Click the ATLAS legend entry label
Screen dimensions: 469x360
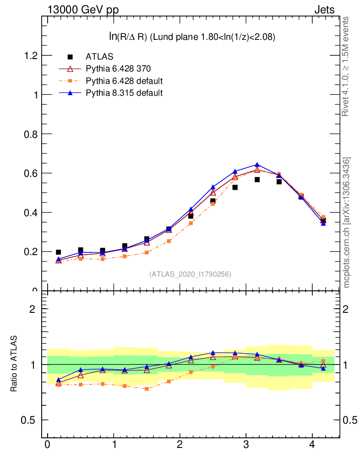(99, 57)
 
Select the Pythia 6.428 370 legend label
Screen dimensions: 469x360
(118, 69)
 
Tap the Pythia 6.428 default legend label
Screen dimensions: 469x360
(124, 81)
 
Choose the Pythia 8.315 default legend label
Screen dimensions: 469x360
(124, 93)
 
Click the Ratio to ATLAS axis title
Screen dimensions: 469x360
(14, 364)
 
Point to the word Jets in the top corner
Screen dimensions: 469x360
(324, 10)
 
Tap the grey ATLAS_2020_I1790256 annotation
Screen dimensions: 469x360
(190, 274)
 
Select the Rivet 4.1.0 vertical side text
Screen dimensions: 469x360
(346, 66)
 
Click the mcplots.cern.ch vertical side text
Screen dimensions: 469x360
(347, 222)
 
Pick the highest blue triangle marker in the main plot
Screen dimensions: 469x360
(257, 165)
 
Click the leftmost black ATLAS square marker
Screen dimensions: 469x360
(58, 252)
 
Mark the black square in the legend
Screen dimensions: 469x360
(70, 57)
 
